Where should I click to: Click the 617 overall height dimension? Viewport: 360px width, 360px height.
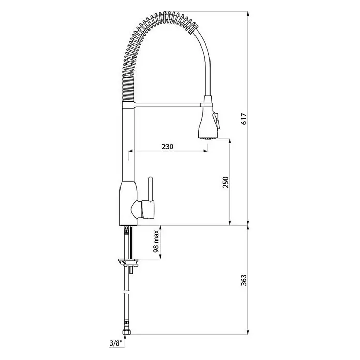[244, 118]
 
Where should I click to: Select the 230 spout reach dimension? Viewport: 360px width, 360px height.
[168, 146]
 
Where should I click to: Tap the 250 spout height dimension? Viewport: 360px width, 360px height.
[226, 182]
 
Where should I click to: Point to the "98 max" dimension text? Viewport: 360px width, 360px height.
[156, 242]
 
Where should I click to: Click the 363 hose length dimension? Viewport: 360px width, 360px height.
[244, 280]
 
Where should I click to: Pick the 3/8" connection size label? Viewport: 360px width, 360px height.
[116, 343]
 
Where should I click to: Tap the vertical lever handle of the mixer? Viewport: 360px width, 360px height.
[151, 189]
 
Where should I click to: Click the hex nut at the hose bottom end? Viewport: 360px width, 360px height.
[125, 332]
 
